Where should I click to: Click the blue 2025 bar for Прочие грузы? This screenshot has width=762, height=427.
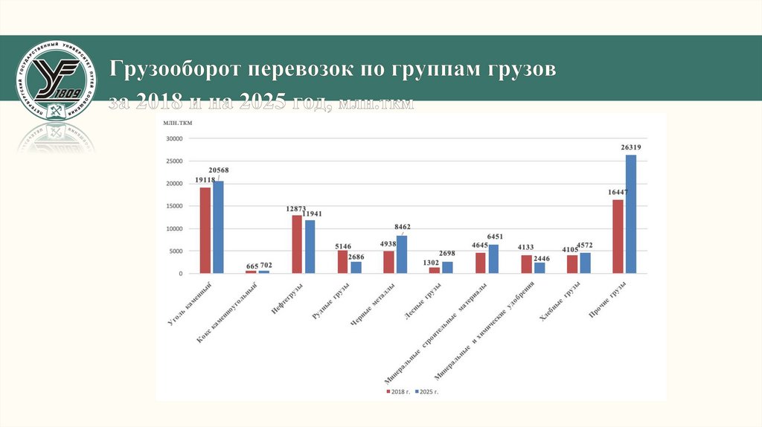tap(631, 214)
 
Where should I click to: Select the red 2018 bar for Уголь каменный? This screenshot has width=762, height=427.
tap(205, 230)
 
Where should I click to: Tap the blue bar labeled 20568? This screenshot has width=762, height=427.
tap(218, 227)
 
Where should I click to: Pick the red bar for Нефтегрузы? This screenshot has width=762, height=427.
tap(297, 244)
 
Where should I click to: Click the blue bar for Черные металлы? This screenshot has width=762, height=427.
tap(402, 254)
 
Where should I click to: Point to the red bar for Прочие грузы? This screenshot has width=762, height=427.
tap(618, 237)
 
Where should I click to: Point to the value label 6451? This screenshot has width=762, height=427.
tap(494, 237)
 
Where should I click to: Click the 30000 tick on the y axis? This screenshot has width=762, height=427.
tap(173, 138)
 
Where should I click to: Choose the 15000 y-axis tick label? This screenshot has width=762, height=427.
tap(173, 206)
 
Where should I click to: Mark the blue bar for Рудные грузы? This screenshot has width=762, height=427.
tap(356, 268)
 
